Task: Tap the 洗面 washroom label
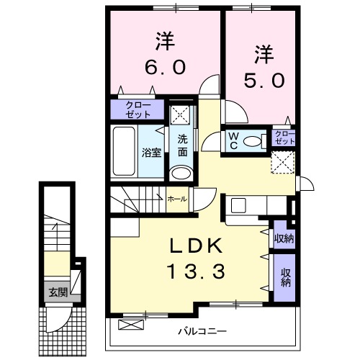(x=183, y=145)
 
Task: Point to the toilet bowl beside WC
(x=254, y=140)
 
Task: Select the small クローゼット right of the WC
(x=284, y=137)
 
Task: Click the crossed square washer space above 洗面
(x=180, y=114)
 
